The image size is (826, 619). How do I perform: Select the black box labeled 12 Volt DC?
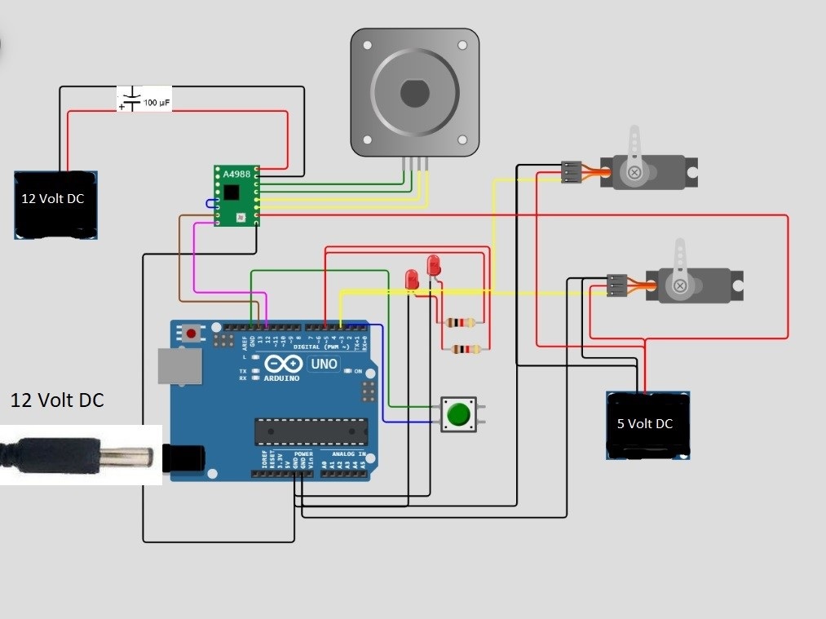55,205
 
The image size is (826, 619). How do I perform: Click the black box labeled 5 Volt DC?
648,425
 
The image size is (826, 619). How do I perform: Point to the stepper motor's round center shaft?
414,93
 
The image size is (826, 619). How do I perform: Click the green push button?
460,414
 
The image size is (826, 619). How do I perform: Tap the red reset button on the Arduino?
192,333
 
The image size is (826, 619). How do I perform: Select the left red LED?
412,280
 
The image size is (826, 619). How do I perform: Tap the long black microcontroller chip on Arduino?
311,431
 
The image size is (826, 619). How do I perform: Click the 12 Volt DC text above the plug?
57,400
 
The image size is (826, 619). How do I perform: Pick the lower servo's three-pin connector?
617,285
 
